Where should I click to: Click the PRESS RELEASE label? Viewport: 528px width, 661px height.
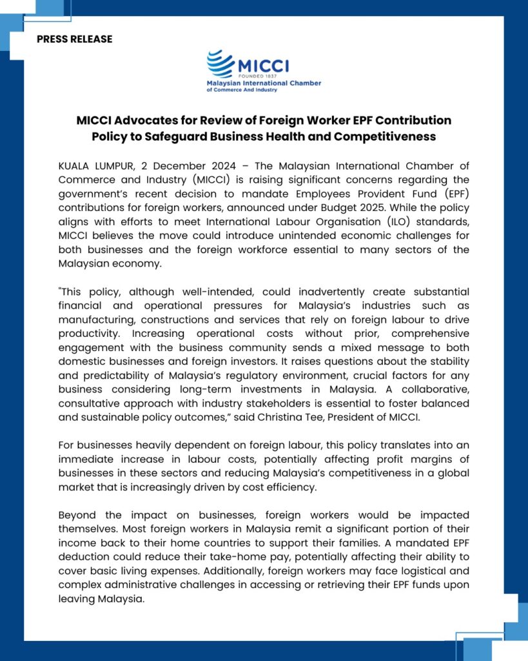pyautogui.click(x=74, y=39)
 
